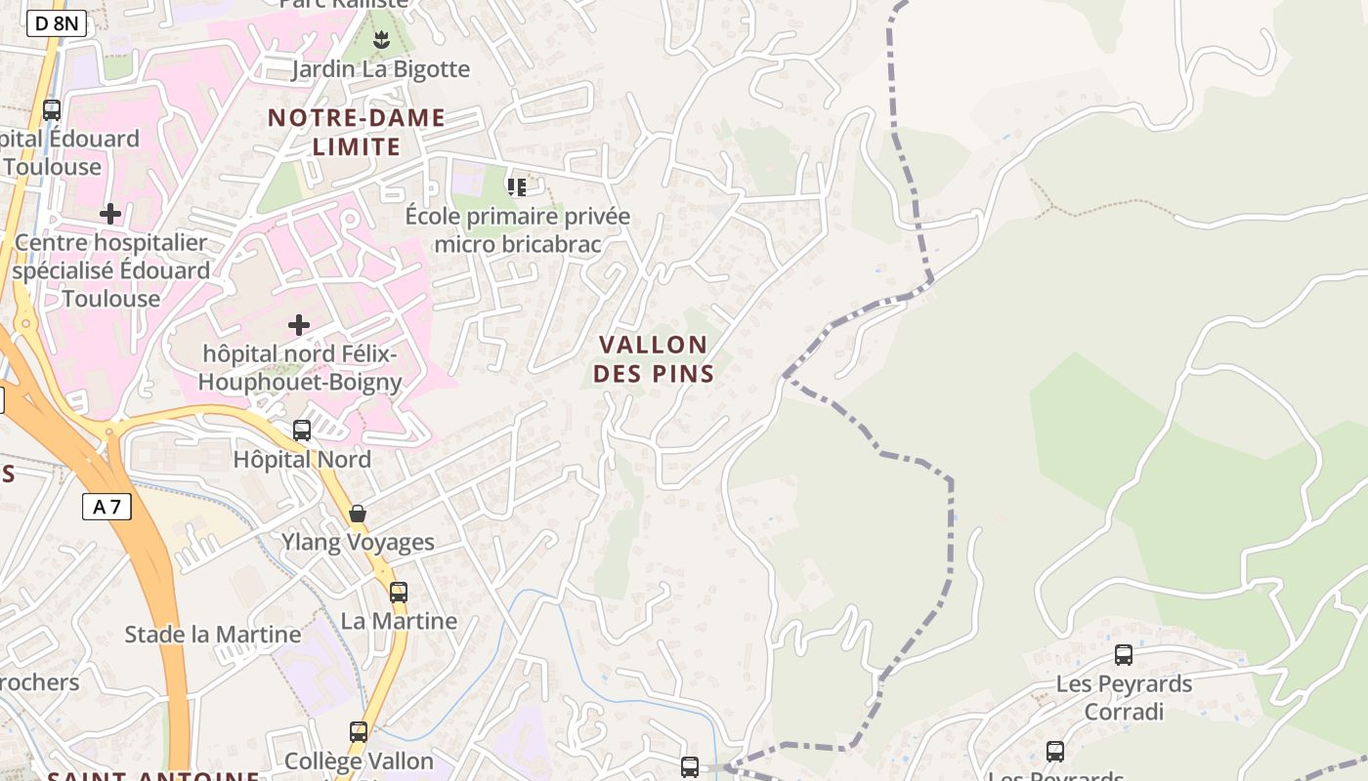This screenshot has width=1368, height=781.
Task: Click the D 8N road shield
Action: click(x=57, y=23)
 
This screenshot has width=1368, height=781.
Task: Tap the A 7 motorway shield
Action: click(x=107, y=506)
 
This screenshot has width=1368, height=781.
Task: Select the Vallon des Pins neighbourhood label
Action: click(x=653, y=358)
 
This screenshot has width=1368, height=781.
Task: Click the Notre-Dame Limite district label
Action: click(x=357, y=133)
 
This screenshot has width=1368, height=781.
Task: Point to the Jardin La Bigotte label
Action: click(x=380, y=69)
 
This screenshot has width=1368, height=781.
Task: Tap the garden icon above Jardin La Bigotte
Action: click(x=381, y=40)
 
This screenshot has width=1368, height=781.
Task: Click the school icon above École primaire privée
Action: click(x=517, y=186)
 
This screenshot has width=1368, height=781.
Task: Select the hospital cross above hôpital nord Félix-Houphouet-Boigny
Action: click(x=299, y=324)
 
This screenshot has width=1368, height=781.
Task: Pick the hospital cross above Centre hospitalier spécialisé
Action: click(x=110, y=213)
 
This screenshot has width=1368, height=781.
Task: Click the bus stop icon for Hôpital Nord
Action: click(x=302, y=430)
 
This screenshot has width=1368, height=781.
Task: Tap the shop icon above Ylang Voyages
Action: click(x=358, y=514)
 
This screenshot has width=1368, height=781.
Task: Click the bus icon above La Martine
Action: click(x=399, y=592)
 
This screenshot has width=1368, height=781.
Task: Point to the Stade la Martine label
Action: click(x=213, y=635)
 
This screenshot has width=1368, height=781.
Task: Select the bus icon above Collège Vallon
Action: click(x=359, y=731)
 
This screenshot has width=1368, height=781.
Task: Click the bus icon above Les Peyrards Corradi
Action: click(x=1124, y=654)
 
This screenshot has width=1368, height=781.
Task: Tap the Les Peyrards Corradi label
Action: click(x=1124, y=697)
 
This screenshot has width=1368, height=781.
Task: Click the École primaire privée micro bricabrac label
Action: click(x=518, y=230)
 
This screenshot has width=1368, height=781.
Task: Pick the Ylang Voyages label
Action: click(x=358, y=543)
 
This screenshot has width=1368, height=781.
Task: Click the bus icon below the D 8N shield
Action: click(x=52, y=110)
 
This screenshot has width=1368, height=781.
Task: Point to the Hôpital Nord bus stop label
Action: click(x=302, y=459)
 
